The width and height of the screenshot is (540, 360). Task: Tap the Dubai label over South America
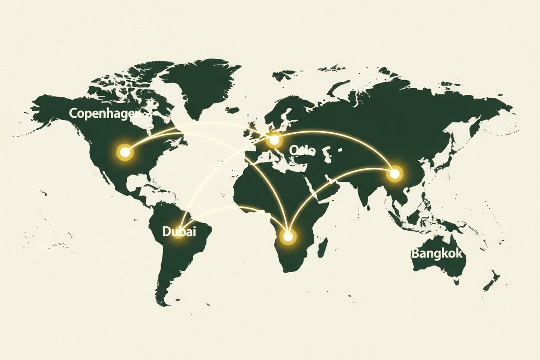coord(179,231)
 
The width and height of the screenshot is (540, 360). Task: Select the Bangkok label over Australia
coord(437,253)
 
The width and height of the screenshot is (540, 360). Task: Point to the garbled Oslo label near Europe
coord(302,151)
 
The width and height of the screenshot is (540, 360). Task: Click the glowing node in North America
coord(125,152)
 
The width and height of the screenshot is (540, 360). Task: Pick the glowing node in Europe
coord(274,140)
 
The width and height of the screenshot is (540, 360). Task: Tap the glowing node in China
coord(394,174)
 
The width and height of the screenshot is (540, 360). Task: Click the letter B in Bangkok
coord(415,253)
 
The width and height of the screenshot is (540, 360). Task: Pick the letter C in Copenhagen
coord(73,113)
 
